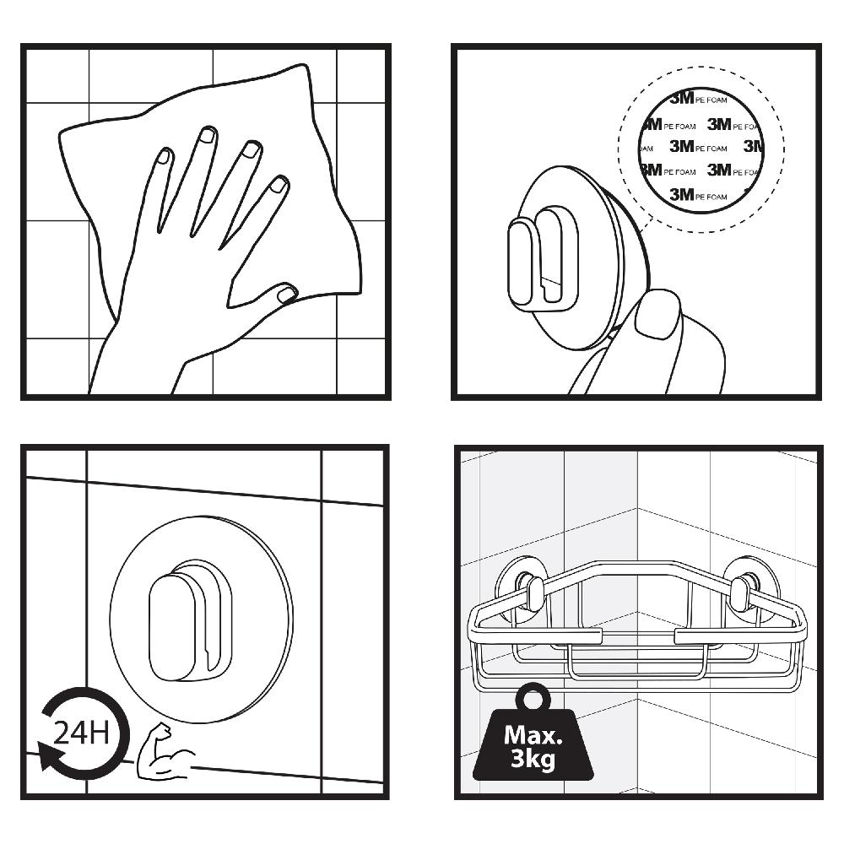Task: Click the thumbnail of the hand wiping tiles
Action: tap(206, 222)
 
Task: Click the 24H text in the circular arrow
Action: tap(81, 732)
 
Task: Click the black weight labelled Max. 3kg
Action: tap(533, 743)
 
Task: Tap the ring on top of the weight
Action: tap(533, 697)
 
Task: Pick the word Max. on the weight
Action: tap(533, 734)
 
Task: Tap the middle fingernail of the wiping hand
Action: tap(207, 134)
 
